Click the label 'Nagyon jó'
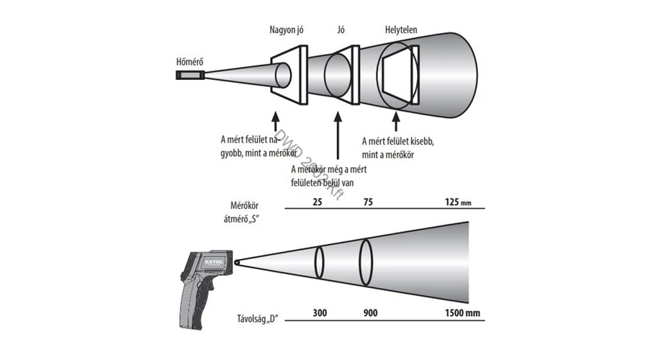[x=287, y=31]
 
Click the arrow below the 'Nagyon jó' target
[x=276, y=117]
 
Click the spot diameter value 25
[x=318, y=204]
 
